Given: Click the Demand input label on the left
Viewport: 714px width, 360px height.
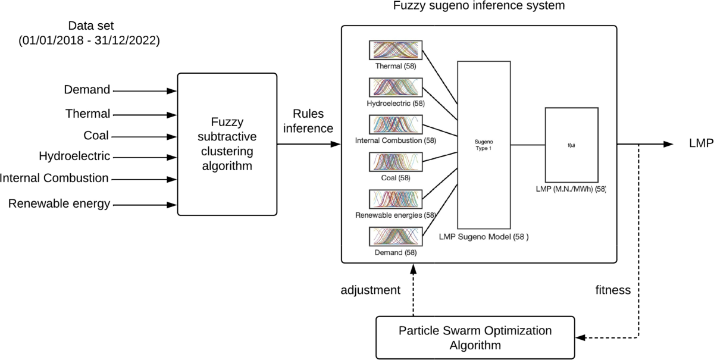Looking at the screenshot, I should [x=87, y=90].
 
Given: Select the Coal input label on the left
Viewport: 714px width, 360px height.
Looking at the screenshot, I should [x=96, y=135].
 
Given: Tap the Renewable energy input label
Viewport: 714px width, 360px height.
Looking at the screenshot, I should [x=59, y=204].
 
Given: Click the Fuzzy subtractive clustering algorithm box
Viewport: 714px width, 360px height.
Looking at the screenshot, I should [x=227, y=144].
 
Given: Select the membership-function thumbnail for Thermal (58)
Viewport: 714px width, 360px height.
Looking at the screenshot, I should [x=395, y=50].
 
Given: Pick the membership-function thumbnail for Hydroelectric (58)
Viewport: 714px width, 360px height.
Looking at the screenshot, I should [x=395, y=88].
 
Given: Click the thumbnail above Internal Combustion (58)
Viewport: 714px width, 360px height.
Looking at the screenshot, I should [x=395, y=124].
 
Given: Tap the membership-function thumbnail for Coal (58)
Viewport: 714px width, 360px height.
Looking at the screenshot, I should [x=395, y=162].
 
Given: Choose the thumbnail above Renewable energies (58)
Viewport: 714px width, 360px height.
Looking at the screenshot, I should [x=395, y=199].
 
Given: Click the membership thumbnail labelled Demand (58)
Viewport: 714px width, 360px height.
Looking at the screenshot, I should [x=395, y=236].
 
